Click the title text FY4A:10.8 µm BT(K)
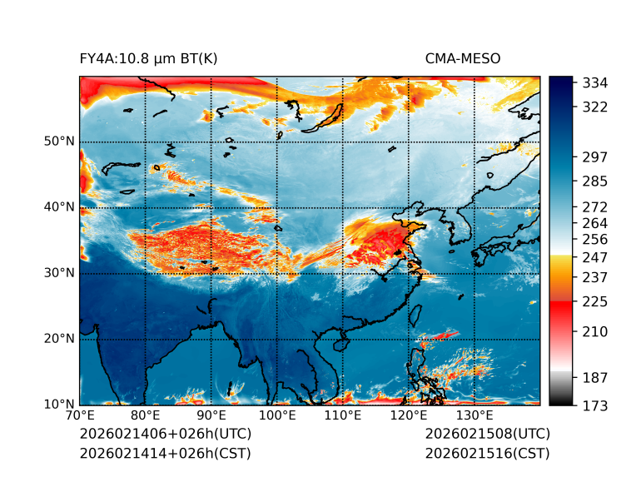click(x=148, y=58)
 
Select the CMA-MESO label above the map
click(x=463, y=58)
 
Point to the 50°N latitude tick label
click(x=59, y=142)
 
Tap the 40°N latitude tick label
click(x=59, y=207)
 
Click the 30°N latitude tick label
click(x=59, y=273)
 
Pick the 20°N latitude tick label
click(x=59, y=339)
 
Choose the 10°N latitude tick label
click(x=59, y=405)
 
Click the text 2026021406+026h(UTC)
click(x=165, y=435)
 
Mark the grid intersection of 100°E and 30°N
click(x=277, y=273)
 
